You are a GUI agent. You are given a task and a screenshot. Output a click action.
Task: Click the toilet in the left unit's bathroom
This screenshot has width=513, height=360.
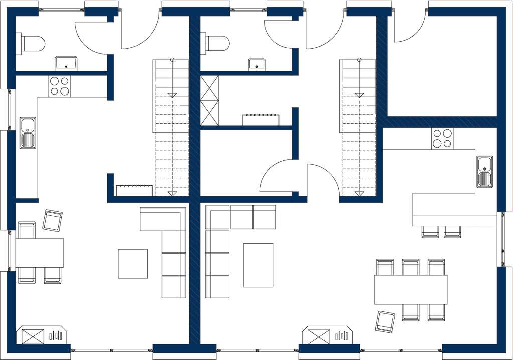(x=31, y=44)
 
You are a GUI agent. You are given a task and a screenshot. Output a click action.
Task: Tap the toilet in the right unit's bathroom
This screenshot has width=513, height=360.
(x=215, y=43)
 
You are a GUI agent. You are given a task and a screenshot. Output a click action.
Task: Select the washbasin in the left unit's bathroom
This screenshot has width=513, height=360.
(x=66, y=63)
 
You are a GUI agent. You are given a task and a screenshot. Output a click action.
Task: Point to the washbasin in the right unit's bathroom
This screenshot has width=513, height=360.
(x=256, y=64)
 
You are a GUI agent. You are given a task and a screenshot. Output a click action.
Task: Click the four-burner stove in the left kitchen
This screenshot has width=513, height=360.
(x=59, y=86)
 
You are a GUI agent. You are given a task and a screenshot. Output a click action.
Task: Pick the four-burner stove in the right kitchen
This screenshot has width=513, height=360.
(x=442, y=138)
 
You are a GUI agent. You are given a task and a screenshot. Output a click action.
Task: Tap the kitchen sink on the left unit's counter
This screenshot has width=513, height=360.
(x=28, y=133)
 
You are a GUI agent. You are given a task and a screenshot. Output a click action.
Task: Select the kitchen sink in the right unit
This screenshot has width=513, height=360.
(x=484, y=171)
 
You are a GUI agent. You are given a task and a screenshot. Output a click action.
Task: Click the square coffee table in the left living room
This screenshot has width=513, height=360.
(x=133, y=263)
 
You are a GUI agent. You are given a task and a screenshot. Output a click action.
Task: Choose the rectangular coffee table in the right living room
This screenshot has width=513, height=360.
(x=258, y=265)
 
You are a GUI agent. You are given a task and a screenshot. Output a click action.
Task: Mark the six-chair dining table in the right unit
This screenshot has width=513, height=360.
(x=410, y=290)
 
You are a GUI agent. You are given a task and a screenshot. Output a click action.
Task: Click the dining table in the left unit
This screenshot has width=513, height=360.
(x=39, y=252)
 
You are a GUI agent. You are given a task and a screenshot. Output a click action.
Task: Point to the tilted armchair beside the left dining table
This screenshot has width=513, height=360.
(x=52, y=220)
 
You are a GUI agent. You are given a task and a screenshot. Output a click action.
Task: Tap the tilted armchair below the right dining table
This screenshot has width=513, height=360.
(x=385, y=321)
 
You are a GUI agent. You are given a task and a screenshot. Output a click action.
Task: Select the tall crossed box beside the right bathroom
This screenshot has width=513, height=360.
(x=209, y=100)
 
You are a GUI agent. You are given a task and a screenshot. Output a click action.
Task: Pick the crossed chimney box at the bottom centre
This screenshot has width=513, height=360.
(x=319, y=336)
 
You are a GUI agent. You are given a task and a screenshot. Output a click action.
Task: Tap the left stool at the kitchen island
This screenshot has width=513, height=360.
(x=430, y=231)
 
